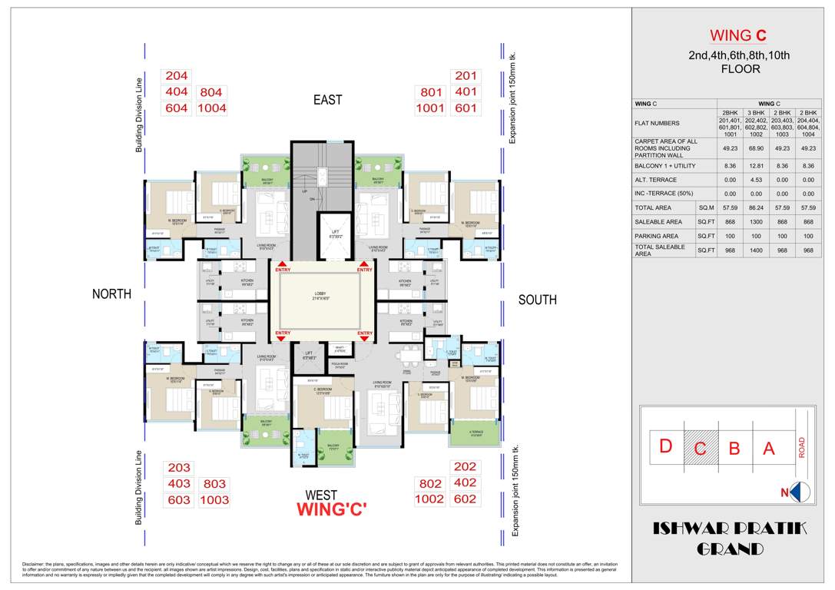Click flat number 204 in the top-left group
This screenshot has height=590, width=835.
[177, 76]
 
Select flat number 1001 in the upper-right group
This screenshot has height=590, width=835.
[430, 108]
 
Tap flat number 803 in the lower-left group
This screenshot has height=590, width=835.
[214, 484]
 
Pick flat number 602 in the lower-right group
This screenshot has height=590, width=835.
[466, 499]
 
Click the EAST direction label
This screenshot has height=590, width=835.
[327, 100]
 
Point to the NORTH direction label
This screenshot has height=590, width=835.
[111, 294]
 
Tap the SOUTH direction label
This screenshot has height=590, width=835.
[537, 300]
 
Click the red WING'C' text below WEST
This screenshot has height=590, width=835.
[332, 510]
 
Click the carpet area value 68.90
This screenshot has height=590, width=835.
[757, 146]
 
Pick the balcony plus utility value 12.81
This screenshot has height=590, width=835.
[757, 164]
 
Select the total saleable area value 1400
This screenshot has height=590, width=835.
[757, 250]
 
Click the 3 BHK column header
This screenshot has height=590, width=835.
[757, 112]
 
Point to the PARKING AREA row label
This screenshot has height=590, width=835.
[656, 236]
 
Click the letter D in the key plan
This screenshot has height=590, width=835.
[666, 447]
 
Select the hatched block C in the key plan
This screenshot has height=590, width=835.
[700, 449]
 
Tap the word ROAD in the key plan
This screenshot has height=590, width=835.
[802, 448]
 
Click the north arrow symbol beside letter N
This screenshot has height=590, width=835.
[800, 492]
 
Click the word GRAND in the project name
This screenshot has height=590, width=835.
[730, 549]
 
